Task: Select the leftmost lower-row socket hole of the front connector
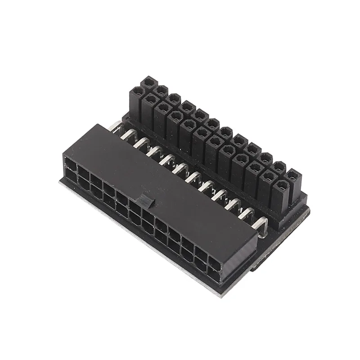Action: point(71,176)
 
